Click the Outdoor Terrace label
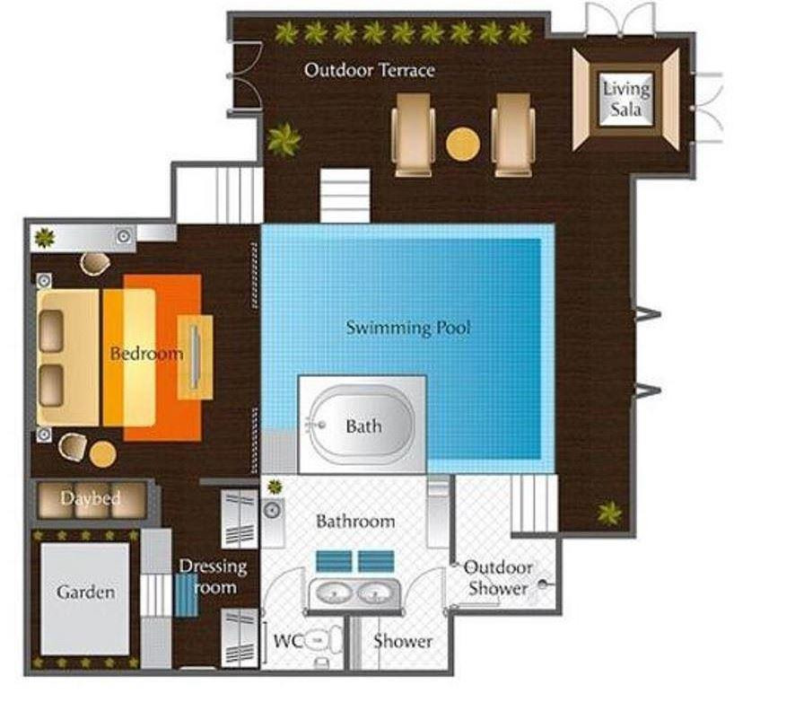(x=369, y=70)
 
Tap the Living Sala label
(x=626, y=99)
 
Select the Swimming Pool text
(x=408, y=328)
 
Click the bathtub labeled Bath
(x=362, y=426)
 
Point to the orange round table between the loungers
(x=462, y=144)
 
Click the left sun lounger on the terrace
(x=413, y=135)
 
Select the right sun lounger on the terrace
(x=512, y=135)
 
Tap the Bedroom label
(x=146, y=353)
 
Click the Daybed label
(x=91, y=498)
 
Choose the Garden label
(x=85, y=592)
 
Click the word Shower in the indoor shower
(x=403, y=641)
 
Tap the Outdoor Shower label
(x=498, y=577)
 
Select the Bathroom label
(x=355, y=522)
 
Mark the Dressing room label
(x=213, y=576)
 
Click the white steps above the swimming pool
(x=345, y=196)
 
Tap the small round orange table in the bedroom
(x=102, y=454)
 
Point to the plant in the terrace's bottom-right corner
(x=609, y=513)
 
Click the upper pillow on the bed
(x=51, y=331)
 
